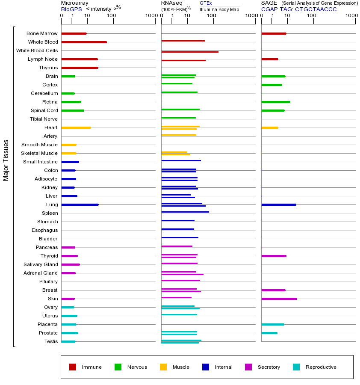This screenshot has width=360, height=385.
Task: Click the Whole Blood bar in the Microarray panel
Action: pyautogui.click(x=84, y=42)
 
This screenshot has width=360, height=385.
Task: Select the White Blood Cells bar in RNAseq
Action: pyautogui.click(x=190, y=52)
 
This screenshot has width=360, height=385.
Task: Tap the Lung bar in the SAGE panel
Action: pyautogui.click(x=278, y=204)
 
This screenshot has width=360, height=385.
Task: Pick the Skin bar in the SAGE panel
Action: pyautogui.click(x=279, y=299)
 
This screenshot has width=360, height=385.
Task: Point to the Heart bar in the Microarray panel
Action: pyautogui.click(x=76, y=127)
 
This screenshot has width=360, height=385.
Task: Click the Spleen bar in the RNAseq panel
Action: pyautogui.click(x=185, y=212)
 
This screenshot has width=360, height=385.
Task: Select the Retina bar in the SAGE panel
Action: pyautogui.click(x=275, y=102)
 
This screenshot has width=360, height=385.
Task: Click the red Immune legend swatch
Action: pyautogui.click(x=73, y=367)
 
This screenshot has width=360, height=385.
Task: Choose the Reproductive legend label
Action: pyautogui.click(x=321, y=367)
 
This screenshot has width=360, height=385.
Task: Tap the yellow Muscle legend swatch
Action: pyautogui.click(x=163, y=367)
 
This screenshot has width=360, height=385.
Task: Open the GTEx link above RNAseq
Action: pyautogui.click(x=206, y=3)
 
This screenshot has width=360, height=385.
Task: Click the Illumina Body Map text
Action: pyautogui.click(x=219, y=9)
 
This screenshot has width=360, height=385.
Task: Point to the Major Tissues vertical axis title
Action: pyautogui.click(x=6, y=160)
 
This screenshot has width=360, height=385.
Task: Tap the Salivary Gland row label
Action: pyautogui.click(x=41, y=264)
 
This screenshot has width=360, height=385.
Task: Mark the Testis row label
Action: pyautogui.click(x=51, y=341)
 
